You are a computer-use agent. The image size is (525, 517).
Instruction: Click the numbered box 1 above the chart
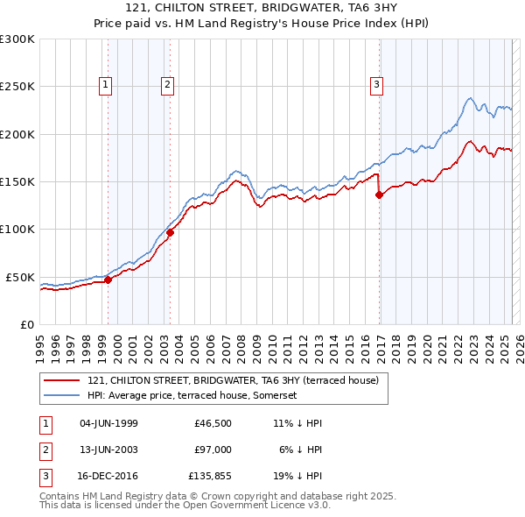tap(105, 85)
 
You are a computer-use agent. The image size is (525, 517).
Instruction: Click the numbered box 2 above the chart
tap(166, 85)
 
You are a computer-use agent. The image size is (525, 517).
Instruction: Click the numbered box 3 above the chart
tap(376, 85)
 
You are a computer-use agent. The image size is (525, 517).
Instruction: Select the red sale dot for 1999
tap(108, 280)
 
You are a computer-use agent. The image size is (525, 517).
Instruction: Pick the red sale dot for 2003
tap(171, 232)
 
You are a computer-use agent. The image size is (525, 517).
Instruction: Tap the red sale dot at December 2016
tap(379, 195)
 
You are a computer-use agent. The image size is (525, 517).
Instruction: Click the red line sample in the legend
tap(62, 380)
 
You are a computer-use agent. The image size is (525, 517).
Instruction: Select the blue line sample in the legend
tap(62, 395)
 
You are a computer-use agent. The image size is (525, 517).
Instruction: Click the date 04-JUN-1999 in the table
tap(108, 423)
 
